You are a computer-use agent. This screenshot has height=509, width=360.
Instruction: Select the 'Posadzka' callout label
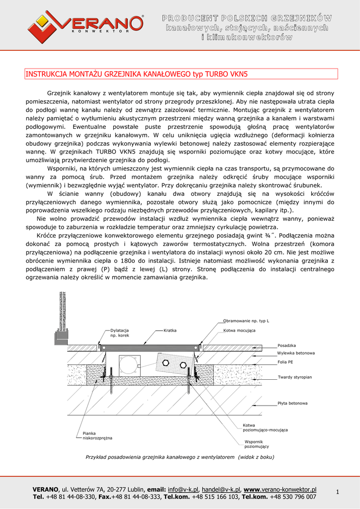[x=287, y=345]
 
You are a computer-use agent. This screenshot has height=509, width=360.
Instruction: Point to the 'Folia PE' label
[x=285, y=362]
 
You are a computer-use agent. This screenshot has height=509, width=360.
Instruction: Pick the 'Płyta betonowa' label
[x=292, y=403]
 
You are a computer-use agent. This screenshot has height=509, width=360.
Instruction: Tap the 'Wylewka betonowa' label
[x=296, y=353]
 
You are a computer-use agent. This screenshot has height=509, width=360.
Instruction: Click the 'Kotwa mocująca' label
[x=239, y=330]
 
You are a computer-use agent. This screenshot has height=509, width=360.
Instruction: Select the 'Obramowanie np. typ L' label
[x=246, y=321]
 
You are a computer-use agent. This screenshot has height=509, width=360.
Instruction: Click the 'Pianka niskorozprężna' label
[x=97, y=435]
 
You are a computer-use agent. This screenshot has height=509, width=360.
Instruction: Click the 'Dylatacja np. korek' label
[x=119, y=333]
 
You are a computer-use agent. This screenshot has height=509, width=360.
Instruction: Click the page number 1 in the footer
[x=337, y=492]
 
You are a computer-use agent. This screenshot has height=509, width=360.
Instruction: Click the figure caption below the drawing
[x=180, y=457]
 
